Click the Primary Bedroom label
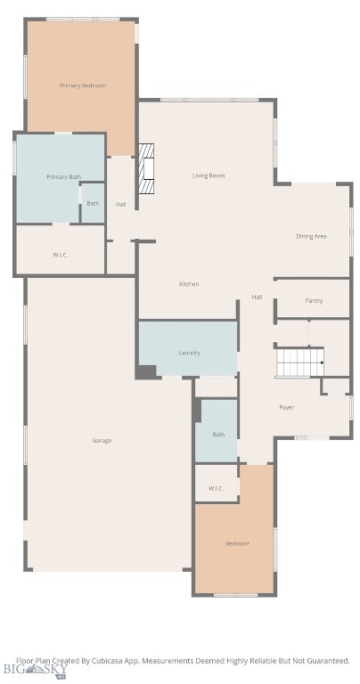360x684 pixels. tap(83, 85)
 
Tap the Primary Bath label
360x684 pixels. tap(63, 176)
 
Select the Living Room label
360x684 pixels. tap(209, 175)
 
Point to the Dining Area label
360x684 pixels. tap(312, 236)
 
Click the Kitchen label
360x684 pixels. tap(189, 284)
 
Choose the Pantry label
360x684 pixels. tap(314, 300)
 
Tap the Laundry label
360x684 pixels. tap(190, 353)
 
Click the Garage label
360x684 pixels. tap(102, 440)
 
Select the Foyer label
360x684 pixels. tap(286, 407)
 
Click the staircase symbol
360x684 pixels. tap(300, 362)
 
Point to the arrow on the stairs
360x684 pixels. tap(323, 362)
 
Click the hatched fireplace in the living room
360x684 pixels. tap(146, 168)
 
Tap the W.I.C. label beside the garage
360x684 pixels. tap(60, 255)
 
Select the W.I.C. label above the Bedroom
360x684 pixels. tap(216, 488)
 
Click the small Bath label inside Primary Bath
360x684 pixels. tap(93, 203)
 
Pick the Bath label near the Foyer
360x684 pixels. tap(218, 434)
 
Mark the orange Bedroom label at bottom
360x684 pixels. tap(237, 543)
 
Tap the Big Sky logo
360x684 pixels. tap(36, 671)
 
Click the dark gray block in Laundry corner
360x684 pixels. tap(146, 371)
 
